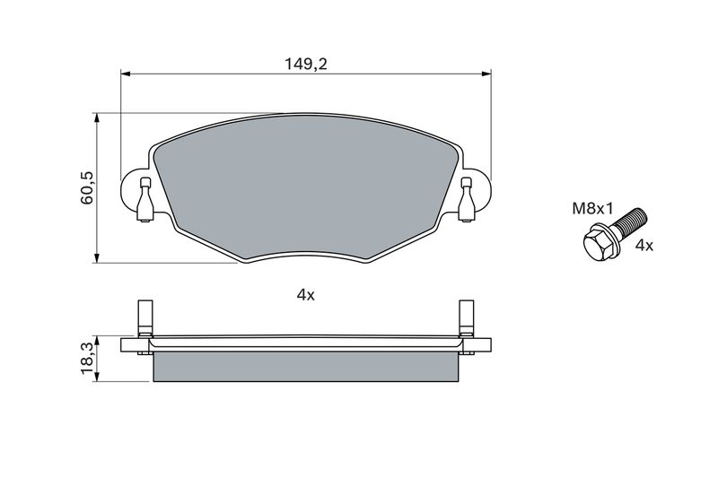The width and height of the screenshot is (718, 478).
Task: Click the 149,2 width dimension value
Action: [306, 64]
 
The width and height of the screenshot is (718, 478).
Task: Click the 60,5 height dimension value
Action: [86, 187]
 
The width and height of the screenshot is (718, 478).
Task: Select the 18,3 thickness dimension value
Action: [86, 359]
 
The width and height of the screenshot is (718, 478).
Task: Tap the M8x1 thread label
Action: [592, 209]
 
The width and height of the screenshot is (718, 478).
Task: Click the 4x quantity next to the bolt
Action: [644, 246]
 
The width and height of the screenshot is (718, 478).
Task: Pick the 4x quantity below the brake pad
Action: [306, 295]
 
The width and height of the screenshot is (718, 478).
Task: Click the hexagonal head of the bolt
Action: [598, 245]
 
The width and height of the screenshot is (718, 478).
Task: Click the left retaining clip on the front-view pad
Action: [145, 200]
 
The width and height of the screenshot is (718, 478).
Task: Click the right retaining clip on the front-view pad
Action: [466, 200]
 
